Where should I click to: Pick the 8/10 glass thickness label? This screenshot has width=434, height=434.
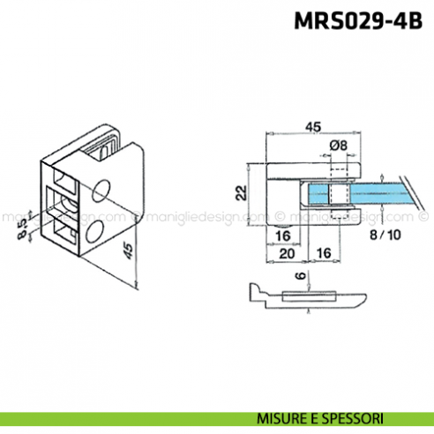click(385, 236)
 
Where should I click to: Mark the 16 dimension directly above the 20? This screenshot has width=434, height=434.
click(283, 236)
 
